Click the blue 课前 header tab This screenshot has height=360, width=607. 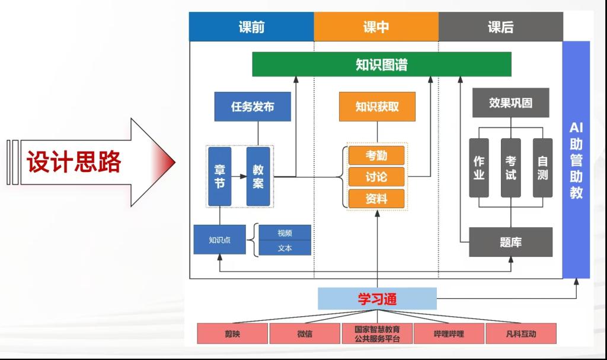tap(251, 27)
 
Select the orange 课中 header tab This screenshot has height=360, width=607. tap(376, 27)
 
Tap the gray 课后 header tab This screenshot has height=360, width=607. tap(500, 27)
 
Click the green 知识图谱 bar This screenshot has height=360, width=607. tap(382, 64)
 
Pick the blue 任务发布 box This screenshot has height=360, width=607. tap(253, 107)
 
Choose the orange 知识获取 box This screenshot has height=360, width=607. tap(377, 107)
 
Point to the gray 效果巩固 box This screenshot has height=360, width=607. tap(510, 103)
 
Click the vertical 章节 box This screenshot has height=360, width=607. tap(219, 176)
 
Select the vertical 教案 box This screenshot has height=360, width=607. tap(258, 176)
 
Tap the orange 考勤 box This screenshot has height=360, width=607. tap(376, 155)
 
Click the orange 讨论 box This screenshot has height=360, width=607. tap(376, 177)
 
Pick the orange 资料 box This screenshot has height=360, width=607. tap(376, 198)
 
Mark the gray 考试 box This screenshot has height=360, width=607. tap(510, 168)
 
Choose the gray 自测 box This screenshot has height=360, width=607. tap(542, 168)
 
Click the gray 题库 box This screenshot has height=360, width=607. tap(510, 242)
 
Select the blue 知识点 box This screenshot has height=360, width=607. tap(219, 240)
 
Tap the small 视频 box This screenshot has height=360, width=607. tap(285, 233)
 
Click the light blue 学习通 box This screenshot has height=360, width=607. tap(377, 299)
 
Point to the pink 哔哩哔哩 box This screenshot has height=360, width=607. tap(449, 334)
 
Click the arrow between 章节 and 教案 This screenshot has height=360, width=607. tap(239, 176)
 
